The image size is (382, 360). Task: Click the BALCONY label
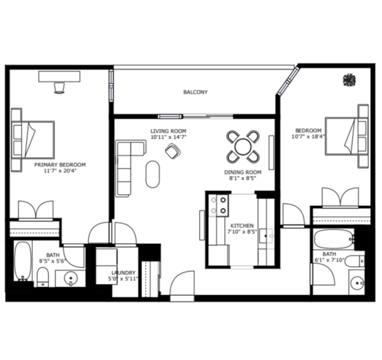click(196, 92)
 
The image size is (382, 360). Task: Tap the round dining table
click(243, 146)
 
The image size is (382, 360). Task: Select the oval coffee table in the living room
click(153, 174)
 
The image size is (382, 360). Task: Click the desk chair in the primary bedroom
click(59, 88)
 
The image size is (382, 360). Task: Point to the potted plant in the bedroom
click(349, 80)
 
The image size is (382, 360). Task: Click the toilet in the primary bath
click(43, 277)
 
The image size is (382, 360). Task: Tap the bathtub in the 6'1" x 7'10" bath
click(334, 239)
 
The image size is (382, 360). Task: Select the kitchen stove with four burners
click(219, 205)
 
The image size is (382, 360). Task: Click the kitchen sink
click(267, 236)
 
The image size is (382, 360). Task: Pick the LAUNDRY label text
click(123, 273)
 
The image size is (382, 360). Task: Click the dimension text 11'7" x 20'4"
click(60, 171)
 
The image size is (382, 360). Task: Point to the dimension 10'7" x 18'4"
click(308, 137)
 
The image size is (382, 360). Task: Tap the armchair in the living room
click(172, 151)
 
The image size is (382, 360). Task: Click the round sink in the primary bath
click(71, 278)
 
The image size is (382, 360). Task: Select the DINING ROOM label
click(242, 172)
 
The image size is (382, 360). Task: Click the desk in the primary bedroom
click(59, 77)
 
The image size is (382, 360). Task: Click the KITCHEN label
click(242, 226)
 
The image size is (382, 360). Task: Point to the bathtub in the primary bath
click(23, 261)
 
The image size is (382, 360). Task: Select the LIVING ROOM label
click(168, 131)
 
